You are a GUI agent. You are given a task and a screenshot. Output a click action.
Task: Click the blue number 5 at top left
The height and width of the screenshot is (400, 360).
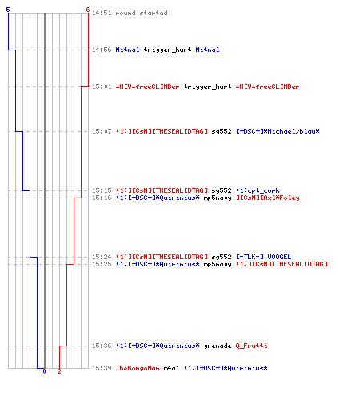8,10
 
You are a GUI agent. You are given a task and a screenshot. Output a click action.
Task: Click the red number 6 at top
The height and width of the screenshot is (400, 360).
88,10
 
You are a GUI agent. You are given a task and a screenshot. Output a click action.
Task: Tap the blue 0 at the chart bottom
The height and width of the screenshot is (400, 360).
44,371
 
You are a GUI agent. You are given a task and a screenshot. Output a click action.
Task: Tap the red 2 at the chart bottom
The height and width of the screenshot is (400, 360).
59,371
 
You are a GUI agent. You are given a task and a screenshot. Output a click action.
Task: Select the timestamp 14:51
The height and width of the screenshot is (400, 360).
102,13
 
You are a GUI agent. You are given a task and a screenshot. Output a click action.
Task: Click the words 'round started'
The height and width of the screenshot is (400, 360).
142,13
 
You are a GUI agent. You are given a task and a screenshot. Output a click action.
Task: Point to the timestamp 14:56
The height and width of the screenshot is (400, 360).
102,50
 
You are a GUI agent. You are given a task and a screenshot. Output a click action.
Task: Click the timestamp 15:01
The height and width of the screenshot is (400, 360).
102,86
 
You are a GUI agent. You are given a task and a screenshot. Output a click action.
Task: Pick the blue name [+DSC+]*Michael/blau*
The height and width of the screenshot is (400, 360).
278,131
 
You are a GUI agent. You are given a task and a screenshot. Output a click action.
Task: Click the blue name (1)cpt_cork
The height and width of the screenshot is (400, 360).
258,190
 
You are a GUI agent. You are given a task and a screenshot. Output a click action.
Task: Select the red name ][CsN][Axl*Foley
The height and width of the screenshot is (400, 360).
268,198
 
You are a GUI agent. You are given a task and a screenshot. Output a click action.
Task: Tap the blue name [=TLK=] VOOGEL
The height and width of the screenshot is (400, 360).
264,257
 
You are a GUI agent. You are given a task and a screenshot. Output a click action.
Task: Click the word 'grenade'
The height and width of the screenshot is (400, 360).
218,346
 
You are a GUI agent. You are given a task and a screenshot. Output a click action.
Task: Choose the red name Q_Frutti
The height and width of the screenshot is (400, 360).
251,346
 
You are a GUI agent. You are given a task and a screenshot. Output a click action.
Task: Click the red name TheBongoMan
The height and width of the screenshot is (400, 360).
138,368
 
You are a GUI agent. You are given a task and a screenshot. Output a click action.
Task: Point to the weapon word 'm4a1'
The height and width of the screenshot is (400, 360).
171,368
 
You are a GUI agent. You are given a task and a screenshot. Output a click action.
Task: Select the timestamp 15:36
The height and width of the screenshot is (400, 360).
102,346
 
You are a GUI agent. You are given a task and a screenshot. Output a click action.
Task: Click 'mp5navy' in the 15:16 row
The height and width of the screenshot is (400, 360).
218,198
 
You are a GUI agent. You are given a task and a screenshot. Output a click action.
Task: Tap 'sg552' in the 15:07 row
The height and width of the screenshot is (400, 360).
222,131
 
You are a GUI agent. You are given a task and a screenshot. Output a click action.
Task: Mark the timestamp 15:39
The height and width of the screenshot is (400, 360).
102,368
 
